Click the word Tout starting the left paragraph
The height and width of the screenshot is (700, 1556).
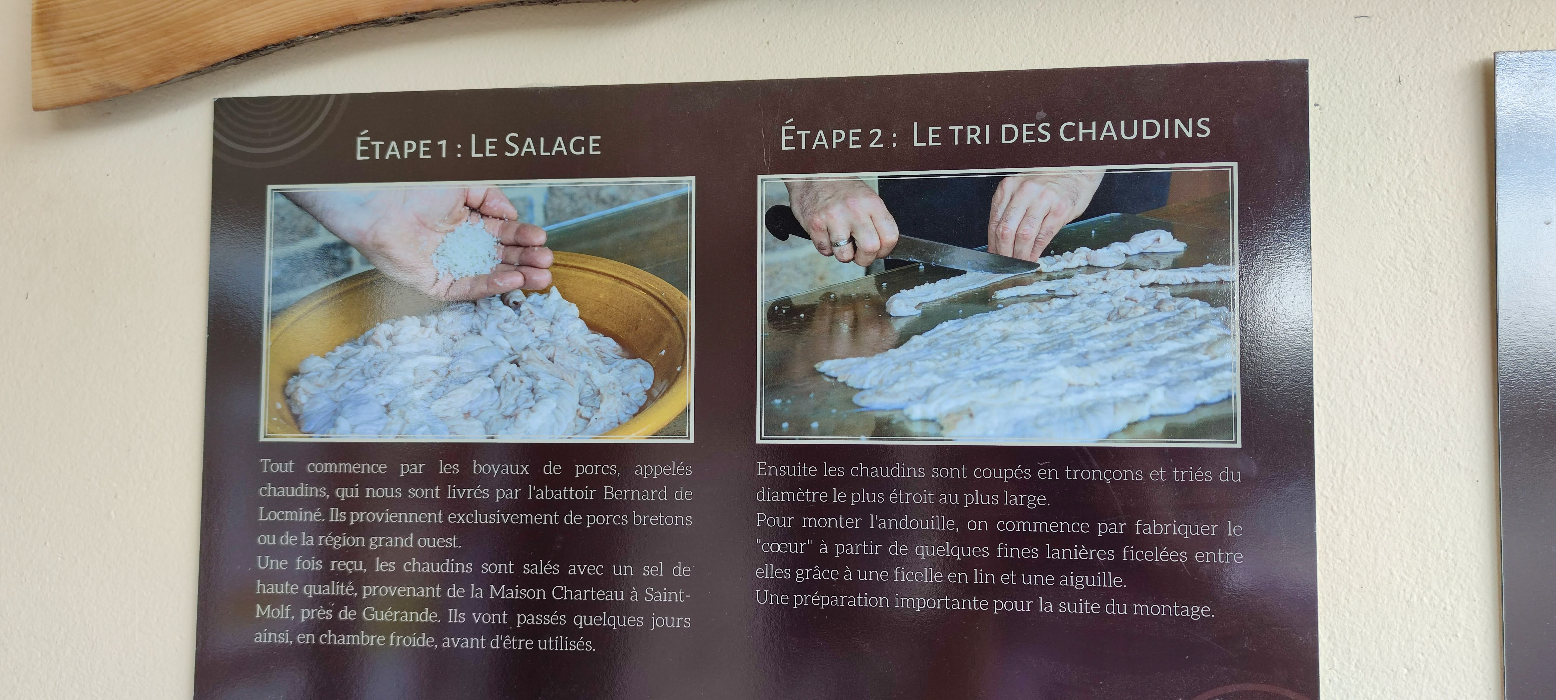pyautogui.click(x=277, y=466)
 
